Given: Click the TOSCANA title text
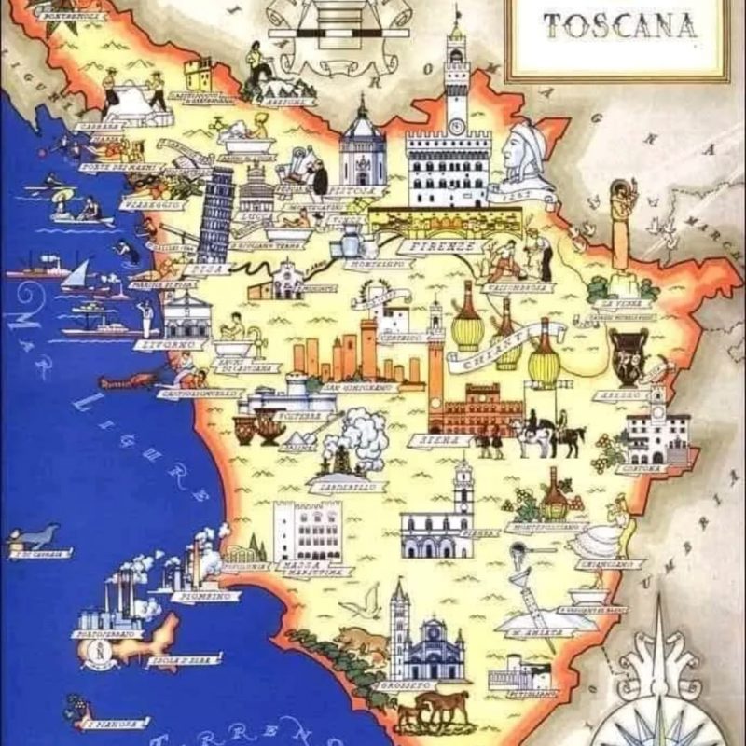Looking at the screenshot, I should point(620,25).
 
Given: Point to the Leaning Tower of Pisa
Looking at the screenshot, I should point(215,215).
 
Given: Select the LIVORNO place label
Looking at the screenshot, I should point(183,344).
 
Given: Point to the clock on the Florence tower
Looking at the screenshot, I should point(456,123).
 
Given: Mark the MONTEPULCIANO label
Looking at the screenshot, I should point(545,528).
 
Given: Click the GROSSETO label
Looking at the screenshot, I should point(406,686).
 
